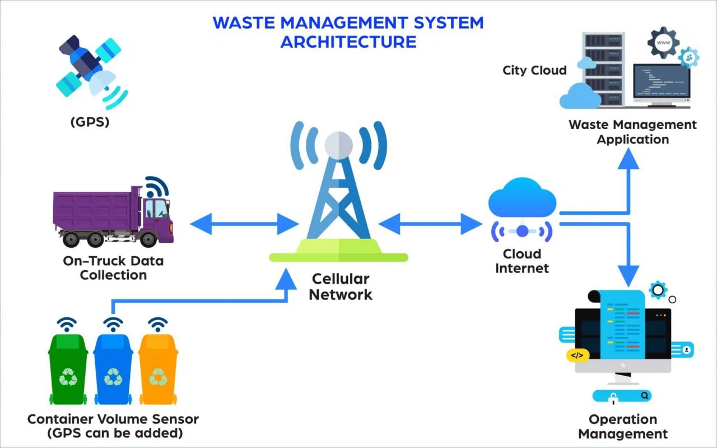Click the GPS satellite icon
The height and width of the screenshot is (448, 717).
[x=90, y=70]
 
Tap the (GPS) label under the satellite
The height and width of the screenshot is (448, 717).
[x=90, y=122]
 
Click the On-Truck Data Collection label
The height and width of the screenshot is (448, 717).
[x=113, y=268]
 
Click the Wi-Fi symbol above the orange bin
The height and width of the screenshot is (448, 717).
[x=158, y=324]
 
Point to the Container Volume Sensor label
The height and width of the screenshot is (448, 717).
[x=113, y=419]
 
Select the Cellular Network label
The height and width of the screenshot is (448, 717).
[x=341, y=287]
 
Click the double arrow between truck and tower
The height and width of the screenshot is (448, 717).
[x=244, y=224]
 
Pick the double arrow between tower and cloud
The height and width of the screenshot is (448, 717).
[x=430, y=224]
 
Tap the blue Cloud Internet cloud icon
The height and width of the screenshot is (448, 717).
[x=522, y=198]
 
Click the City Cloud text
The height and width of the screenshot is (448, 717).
[x=534, y=71]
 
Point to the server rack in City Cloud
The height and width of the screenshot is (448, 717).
[x=603, y=70]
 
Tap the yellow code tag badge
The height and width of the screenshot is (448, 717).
[x=577, y=355]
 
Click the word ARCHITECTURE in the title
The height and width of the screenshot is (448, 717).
[x=348, y=41]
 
